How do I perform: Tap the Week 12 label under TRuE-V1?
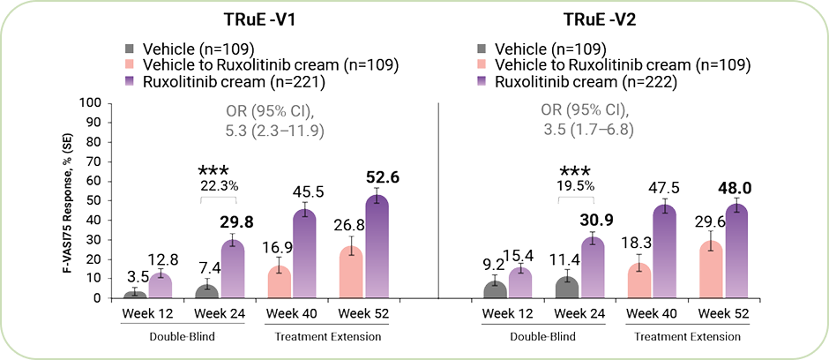(146, 313)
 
